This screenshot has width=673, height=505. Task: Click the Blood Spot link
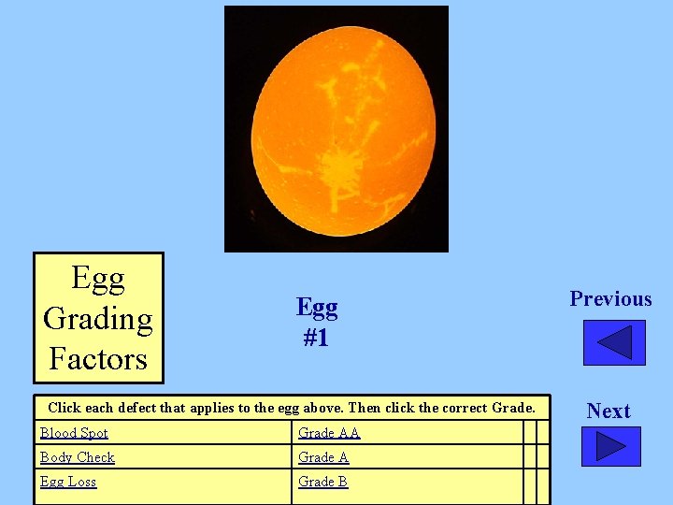[74, 433]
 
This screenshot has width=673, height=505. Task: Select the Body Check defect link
[78, 457]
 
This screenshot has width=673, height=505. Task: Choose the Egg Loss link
[68, 482]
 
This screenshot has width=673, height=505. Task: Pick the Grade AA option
[329, 433]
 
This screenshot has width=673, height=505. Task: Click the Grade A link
[323, 457]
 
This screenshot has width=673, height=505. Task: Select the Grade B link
[323, 482]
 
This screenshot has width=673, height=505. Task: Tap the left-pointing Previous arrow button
[614, 342]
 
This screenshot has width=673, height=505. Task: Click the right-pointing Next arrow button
[610, 446]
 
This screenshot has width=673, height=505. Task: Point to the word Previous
[610, 299]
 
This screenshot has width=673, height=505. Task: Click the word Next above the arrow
[609, 411]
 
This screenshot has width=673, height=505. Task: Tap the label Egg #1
[317, 322]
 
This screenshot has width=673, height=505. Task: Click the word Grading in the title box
[98, 319]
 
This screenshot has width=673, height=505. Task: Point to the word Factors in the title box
[98, 358]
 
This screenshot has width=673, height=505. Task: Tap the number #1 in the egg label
[316, 338]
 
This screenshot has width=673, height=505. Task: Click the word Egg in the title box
[98, 279]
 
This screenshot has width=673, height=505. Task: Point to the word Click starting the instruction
[64, 408]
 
